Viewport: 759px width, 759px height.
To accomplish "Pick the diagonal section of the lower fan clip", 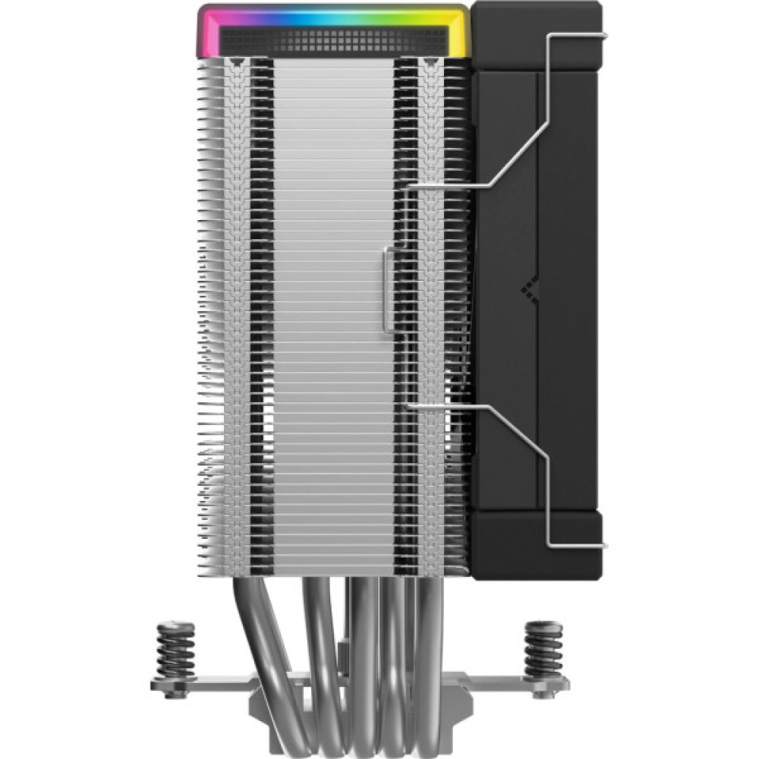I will click(524, 433).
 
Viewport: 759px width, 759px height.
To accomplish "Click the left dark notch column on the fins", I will click(259, 304).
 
